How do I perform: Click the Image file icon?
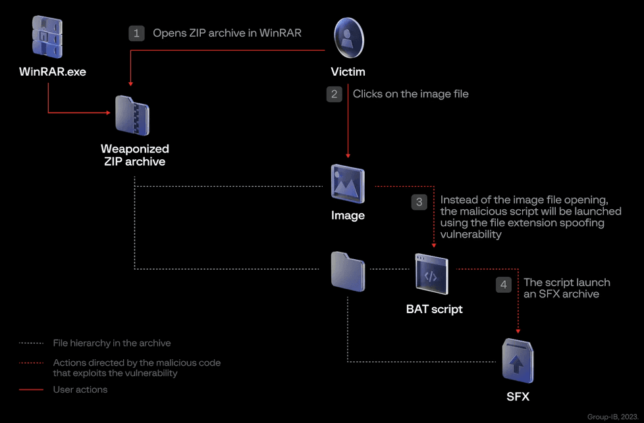click(348, 184)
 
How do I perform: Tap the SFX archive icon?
click(517, 361)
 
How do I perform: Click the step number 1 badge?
click(136, 33)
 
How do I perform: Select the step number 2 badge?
click(335, 94)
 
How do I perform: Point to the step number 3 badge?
click(419, 203)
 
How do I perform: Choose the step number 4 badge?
click(504, 285)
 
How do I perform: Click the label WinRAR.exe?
click(53, 72)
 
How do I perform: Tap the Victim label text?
click(348, 72)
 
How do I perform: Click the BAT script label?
click(435, 309)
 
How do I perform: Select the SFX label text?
click(518, 397)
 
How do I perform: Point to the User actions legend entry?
click(80, 389)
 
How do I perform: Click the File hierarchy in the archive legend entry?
click(111, 343)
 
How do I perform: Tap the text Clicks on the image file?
click(410, 94)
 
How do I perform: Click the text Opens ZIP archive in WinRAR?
click(227, 33)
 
